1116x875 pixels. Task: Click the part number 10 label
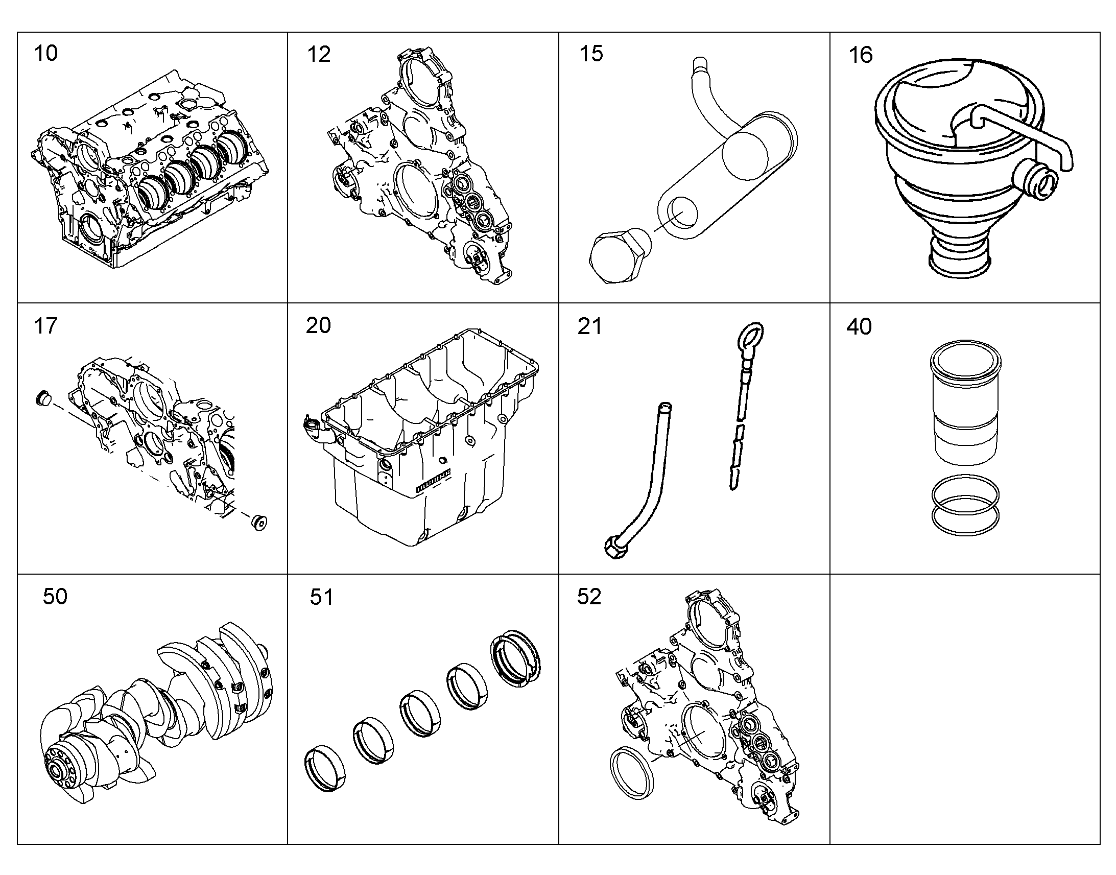pos(45,53)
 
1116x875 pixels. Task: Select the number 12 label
pos(319,54)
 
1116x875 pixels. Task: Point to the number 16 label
pos(861,55)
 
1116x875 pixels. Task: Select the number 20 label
pos(318,326)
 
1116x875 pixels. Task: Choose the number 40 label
pos(859,327)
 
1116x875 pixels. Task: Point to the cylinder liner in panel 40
pos(965,402)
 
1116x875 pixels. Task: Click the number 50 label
pos(55,597)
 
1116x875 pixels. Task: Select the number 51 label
pos(322,597)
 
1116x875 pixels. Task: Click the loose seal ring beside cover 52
pos(632,773)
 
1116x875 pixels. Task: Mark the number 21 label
pos(589,327)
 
